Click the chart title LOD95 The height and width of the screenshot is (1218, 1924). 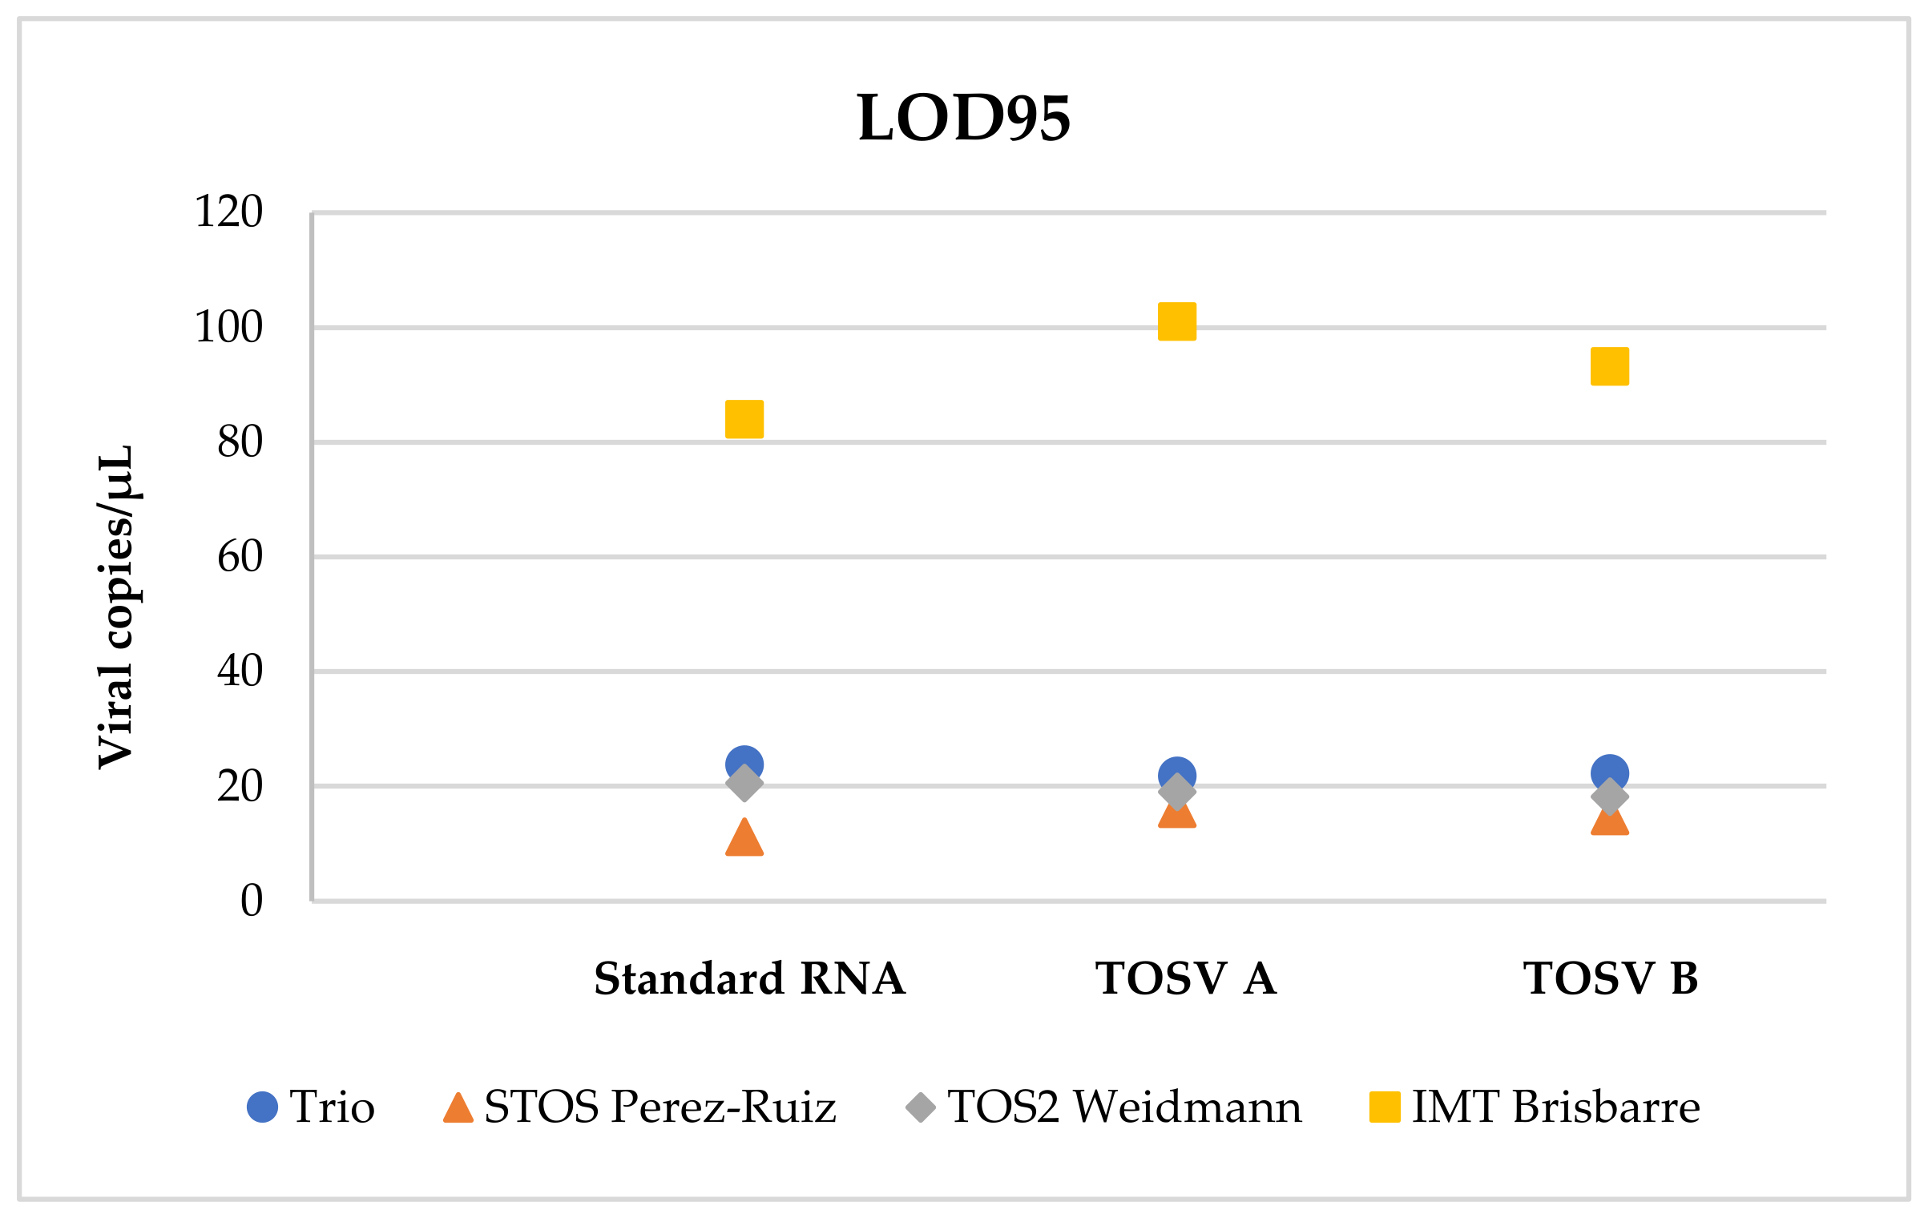pos(964,118)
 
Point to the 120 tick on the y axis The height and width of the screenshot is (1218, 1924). pos(228,212)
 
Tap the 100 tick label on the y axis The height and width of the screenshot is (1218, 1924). pos(228,327)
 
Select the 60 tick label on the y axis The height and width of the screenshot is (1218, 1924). pos(240,557)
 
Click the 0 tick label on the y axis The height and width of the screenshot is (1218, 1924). pos(252,901)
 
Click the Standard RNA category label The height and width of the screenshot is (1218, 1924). pos(749,978)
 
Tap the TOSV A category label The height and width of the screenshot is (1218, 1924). pos(1185,978)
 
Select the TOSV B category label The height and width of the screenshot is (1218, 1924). pos(1611,978)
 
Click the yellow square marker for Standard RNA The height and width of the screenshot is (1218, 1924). pos(744,419)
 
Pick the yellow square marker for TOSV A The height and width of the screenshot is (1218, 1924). pos(1177,321)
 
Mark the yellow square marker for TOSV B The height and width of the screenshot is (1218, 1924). pos(1610,366)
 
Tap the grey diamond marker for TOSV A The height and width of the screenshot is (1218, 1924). pos(1177,793)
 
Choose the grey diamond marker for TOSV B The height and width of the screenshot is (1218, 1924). pos(1610,797)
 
